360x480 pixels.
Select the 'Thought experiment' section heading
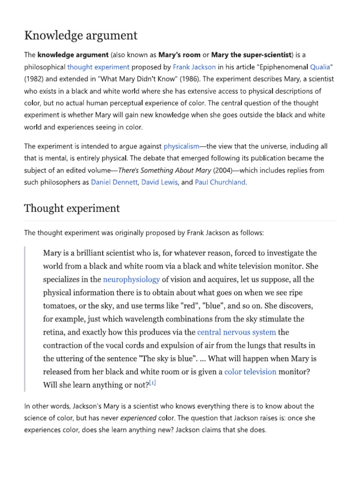72,208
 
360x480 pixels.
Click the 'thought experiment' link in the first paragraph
98,67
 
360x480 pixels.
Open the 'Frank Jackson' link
194,67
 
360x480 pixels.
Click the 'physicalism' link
181,146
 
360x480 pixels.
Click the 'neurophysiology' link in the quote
131,279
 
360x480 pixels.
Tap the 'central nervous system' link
237,332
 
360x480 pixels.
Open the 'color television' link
250,372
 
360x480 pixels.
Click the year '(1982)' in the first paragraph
37,79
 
